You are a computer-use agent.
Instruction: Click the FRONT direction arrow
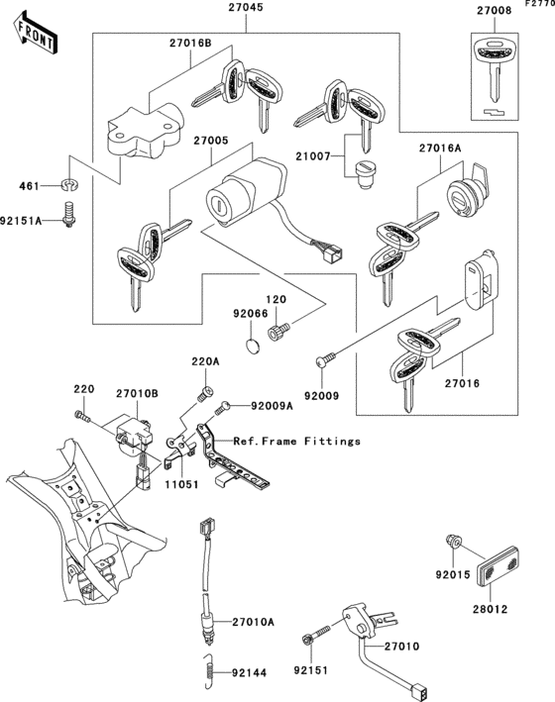point(36,33)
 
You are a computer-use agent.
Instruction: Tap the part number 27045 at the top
point(246,8)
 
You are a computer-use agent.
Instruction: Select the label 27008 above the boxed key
point(494,11)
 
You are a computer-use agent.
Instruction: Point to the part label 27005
point(211,141)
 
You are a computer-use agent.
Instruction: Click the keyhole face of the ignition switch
point(217,205)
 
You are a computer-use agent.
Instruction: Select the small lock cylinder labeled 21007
point(366,175)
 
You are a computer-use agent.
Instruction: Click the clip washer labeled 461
point(69,184)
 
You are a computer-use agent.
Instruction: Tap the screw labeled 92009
point(325,359)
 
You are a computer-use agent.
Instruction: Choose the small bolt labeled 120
point(278,332)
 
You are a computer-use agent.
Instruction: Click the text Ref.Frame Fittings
point(296,442)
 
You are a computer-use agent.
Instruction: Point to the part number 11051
point(181,484)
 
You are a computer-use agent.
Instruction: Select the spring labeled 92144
point(207,671)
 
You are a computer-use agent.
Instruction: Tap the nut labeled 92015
point(452,543)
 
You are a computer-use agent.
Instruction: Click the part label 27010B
point(137,394)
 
